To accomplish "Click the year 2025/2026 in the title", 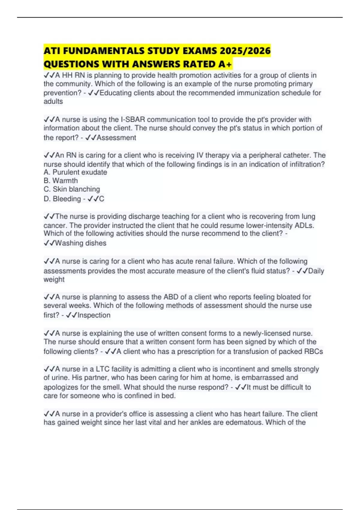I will pos(245,51).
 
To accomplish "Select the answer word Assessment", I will pos(116,138).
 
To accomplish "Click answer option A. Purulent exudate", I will pos(75,172).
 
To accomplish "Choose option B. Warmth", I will pos(61,181).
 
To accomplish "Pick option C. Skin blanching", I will pos(72,189).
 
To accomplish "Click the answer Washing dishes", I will pos(80,243).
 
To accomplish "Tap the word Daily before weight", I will pos(316,271).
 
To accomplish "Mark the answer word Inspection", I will pos(94,315).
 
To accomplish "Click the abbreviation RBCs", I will pos(313,352).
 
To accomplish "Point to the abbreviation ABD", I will pos(171,297).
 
